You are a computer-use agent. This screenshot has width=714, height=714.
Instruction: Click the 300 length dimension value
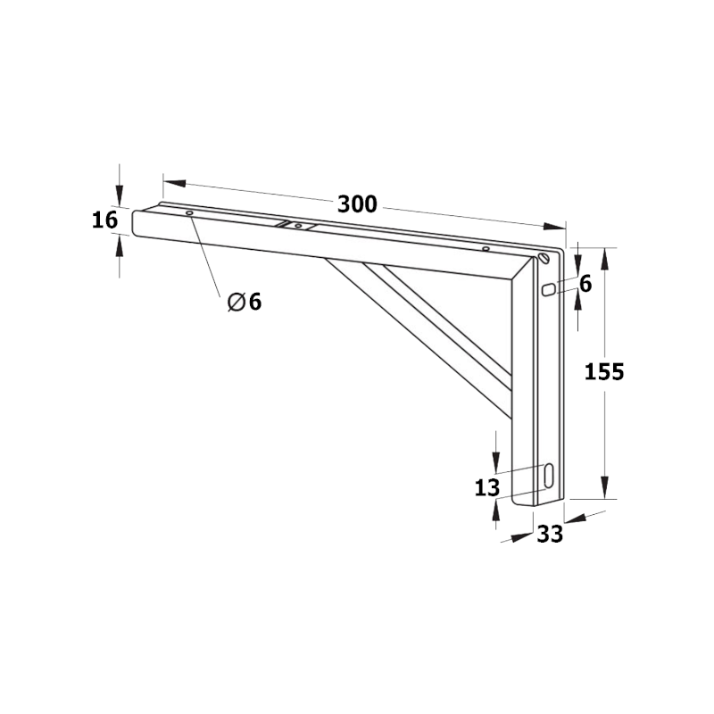coord(357,203)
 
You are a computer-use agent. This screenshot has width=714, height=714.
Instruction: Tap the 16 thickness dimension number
coord(104,220)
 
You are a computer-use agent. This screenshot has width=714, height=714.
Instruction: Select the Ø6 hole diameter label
coord(245,302)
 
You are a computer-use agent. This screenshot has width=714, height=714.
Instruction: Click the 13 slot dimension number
coord(486,487)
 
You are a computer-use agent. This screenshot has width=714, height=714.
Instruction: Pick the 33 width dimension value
coord(550,535)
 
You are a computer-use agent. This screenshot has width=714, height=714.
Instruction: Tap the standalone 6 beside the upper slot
coord(585,284)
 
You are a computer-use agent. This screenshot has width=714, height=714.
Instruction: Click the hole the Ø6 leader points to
coord(189,213)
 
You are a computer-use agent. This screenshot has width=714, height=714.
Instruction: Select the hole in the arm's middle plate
coord(297,226)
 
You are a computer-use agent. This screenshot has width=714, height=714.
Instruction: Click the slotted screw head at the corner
coord(544,259)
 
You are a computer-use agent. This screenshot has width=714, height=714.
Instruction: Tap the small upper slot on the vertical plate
coord(548,289)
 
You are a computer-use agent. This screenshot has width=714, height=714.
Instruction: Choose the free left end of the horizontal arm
coord(137,223)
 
